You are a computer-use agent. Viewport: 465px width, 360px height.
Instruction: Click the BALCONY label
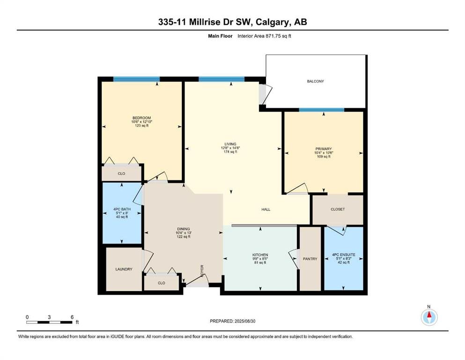[315, 81]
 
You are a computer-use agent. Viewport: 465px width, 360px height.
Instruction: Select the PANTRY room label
[310, 259]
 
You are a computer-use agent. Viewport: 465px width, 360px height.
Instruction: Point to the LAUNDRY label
[124, 269]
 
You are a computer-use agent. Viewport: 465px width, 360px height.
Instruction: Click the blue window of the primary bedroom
[321, 110]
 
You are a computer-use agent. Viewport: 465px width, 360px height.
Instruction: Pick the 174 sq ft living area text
[230, 152]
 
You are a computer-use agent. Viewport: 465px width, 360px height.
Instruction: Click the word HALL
[266, 209]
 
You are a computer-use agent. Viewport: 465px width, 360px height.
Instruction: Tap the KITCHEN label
[260, 255]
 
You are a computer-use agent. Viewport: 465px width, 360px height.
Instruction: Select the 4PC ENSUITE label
[343, 255]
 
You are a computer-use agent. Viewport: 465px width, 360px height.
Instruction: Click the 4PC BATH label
[122, 209]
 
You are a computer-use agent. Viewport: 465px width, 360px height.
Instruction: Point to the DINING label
[183, 229]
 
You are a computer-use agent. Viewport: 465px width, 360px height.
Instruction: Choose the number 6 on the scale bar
[72, 317]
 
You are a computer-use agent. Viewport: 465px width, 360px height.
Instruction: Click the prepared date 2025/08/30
[244, 321]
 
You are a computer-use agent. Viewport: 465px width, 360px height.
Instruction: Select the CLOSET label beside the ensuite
[338, 209]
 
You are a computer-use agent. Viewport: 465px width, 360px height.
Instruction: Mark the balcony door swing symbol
[266, 94]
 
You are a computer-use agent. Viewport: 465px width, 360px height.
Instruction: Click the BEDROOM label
[141, 118]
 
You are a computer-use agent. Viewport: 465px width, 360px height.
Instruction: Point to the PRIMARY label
[323, 149]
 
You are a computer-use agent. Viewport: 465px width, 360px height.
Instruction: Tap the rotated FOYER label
[202, 271]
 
